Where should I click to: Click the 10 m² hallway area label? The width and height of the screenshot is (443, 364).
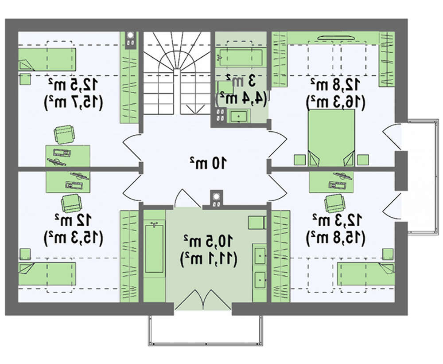point(208,162)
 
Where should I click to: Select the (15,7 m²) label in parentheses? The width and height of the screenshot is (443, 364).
point(74,102)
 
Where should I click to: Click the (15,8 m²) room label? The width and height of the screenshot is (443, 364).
point(336,238)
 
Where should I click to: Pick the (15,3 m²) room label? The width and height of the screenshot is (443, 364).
point(74,238)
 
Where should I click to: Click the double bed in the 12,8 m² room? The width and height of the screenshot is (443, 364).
point(331,138)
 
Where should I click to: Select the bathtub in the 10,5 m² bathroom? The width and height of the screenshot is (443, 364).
point(154,248)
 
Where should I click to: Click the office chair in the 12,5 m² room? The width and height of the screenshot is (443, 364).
point(65,135)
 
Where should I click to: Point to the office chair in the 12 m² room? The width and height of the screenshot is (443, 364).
point(71,203)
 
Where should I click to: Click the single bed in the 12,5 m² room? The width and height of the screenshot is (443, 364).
point(47,59)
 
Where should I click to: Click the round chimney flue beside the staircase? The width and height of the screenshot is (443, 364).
point(131,35)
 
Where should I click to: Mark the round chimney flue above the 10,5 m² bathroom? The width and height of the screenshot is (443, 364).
point(217,196)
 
